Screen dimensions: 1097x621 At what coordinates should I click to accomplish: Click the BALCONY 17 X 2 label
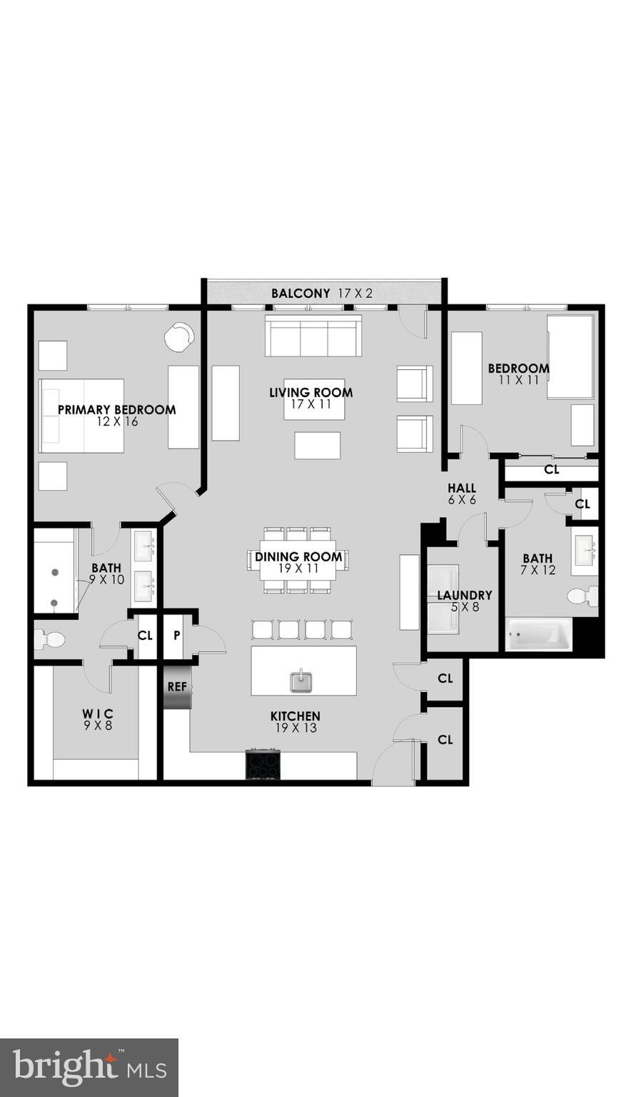[x=321, y=293]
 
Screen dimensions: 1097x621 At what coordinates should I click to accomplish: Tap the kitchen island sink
[x=301, y=681]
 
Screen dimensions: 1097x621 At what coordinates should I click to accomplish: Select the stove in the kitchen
[x=263, y=765]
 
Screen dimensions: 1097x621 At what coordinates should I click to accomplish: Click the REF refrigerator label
[x=177, y=687]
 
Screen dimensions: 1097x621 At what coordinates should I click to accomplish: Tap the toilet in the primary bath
[x=50, y=638]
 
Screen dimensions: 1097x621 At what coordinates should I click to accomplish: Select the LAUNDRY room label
[x=464, y=595]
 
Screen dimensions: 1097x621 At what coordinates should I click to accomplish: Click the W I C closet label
[x=97, y=713]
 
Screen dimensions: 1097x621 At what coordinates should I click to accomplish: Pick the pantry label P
[x=176, y=635]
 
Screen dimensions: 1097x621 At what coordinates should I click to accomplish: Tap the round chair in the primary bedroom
[x=178, y=336]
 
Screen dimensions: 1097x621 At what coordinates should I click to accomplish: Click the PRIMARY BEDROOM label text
[x=116, y=410]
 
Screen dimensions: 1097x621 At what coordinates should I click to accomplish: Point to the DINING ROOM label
[x=298, y=557]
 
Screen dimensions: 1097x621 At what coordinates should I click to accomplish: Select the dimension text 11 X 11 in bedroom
[x=518, y=381]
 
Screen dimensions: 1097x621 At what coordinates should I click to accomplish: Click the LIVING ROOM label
[x=310, y=392]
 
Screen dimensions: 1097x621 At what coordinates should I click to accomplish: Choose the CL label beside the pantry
[x=145, y=635]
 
